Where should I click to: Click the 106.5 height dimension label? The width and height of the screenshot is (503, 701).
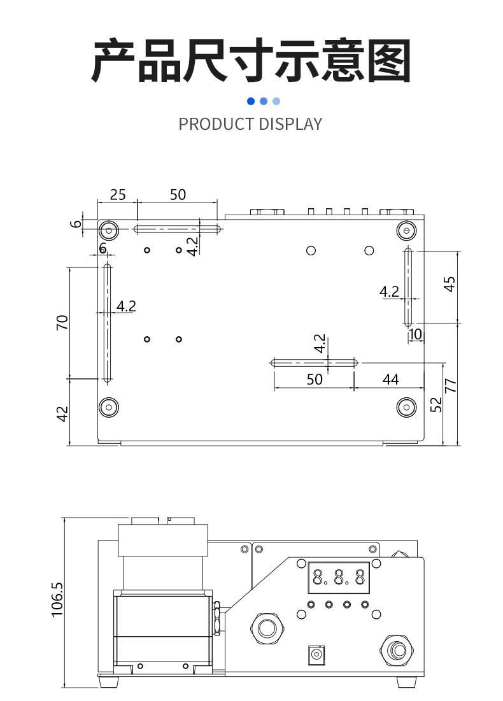click(57, 598)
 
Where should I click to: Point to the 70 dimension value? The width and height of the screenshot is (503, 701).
click(62, 322)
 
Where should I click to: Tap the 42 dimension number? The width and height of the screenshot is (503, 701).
click(62, 414)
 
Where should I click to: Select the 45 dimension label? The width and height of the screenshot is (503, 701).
click(450, 283)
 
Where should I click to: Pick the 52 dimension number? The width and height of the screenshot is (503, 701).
click(436, 404)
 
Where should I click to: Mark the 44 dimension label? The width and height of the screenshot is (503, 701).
click(390, 379)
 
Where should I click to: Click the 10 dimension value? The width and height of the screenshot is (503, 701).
click(415, 334)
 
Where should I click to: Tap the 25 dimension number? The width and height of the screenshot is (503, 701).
click(118, 195)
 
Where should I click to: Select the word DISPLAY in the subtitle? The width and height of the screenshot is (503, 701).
click(291, 124)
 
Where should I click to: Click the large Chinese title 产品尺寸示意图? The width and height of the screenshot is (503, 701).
click(251, 62)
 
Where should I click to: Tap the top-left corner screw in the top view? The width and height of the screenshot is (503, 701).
click(109, 230)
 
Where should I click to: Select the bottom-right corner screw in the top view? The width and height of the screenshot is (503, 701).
click(406, 406)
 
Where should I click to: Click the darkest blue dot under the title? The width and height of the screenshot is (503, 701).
click(251, 101)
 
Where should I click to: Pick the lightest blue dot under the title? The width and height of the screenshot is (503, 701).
click(276, 101)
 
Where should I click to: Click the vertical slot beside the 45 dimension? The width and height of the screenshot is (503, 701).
click(407, 286)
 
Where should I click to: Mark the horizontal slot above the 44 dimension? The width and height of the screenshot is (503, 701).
click(314, 363)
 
